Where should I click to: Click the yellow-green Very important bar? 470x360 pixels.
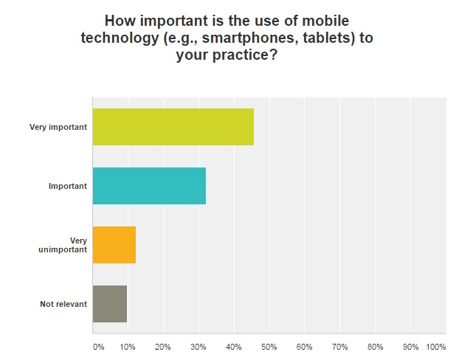click(173, 127)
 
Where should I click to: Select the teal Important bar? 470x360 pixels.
click(149, 186)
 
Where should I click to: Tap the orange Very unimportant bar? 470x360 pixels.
click(114, 245)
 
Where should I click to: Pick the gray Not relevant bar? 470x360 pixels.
click(109, 304)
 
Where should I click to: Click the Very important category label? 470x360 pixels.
click(58, 127)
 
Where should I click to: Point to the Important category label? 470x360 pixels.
click(68, 186)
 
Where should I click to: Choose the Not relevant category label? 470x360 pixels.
click(63, 304)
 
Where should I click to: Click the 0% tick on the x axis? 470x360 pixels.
click(98, 346)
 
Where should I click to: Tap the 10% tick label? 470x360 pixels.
click(127, 346)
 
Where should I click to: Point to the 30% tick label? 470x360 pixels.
click(198, 346)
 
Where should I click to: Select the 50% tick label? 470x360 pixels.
click(269, 346)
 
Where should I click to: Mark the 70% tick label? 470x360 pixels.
click(339, 346)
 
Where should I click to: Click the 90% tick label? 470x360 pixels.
click(410, 346)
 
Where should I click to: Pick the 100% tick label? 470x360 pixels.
click(436, 346)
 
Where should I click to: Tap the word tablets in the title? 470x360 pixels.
click(327, 39)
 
